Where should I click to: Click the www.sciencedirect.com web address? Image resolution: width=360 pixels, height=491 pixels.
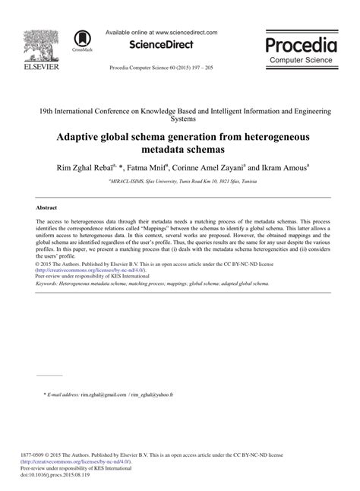(185, 33)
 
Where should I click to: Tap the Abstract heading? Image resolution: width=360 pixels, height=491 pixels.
(48, 206)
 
